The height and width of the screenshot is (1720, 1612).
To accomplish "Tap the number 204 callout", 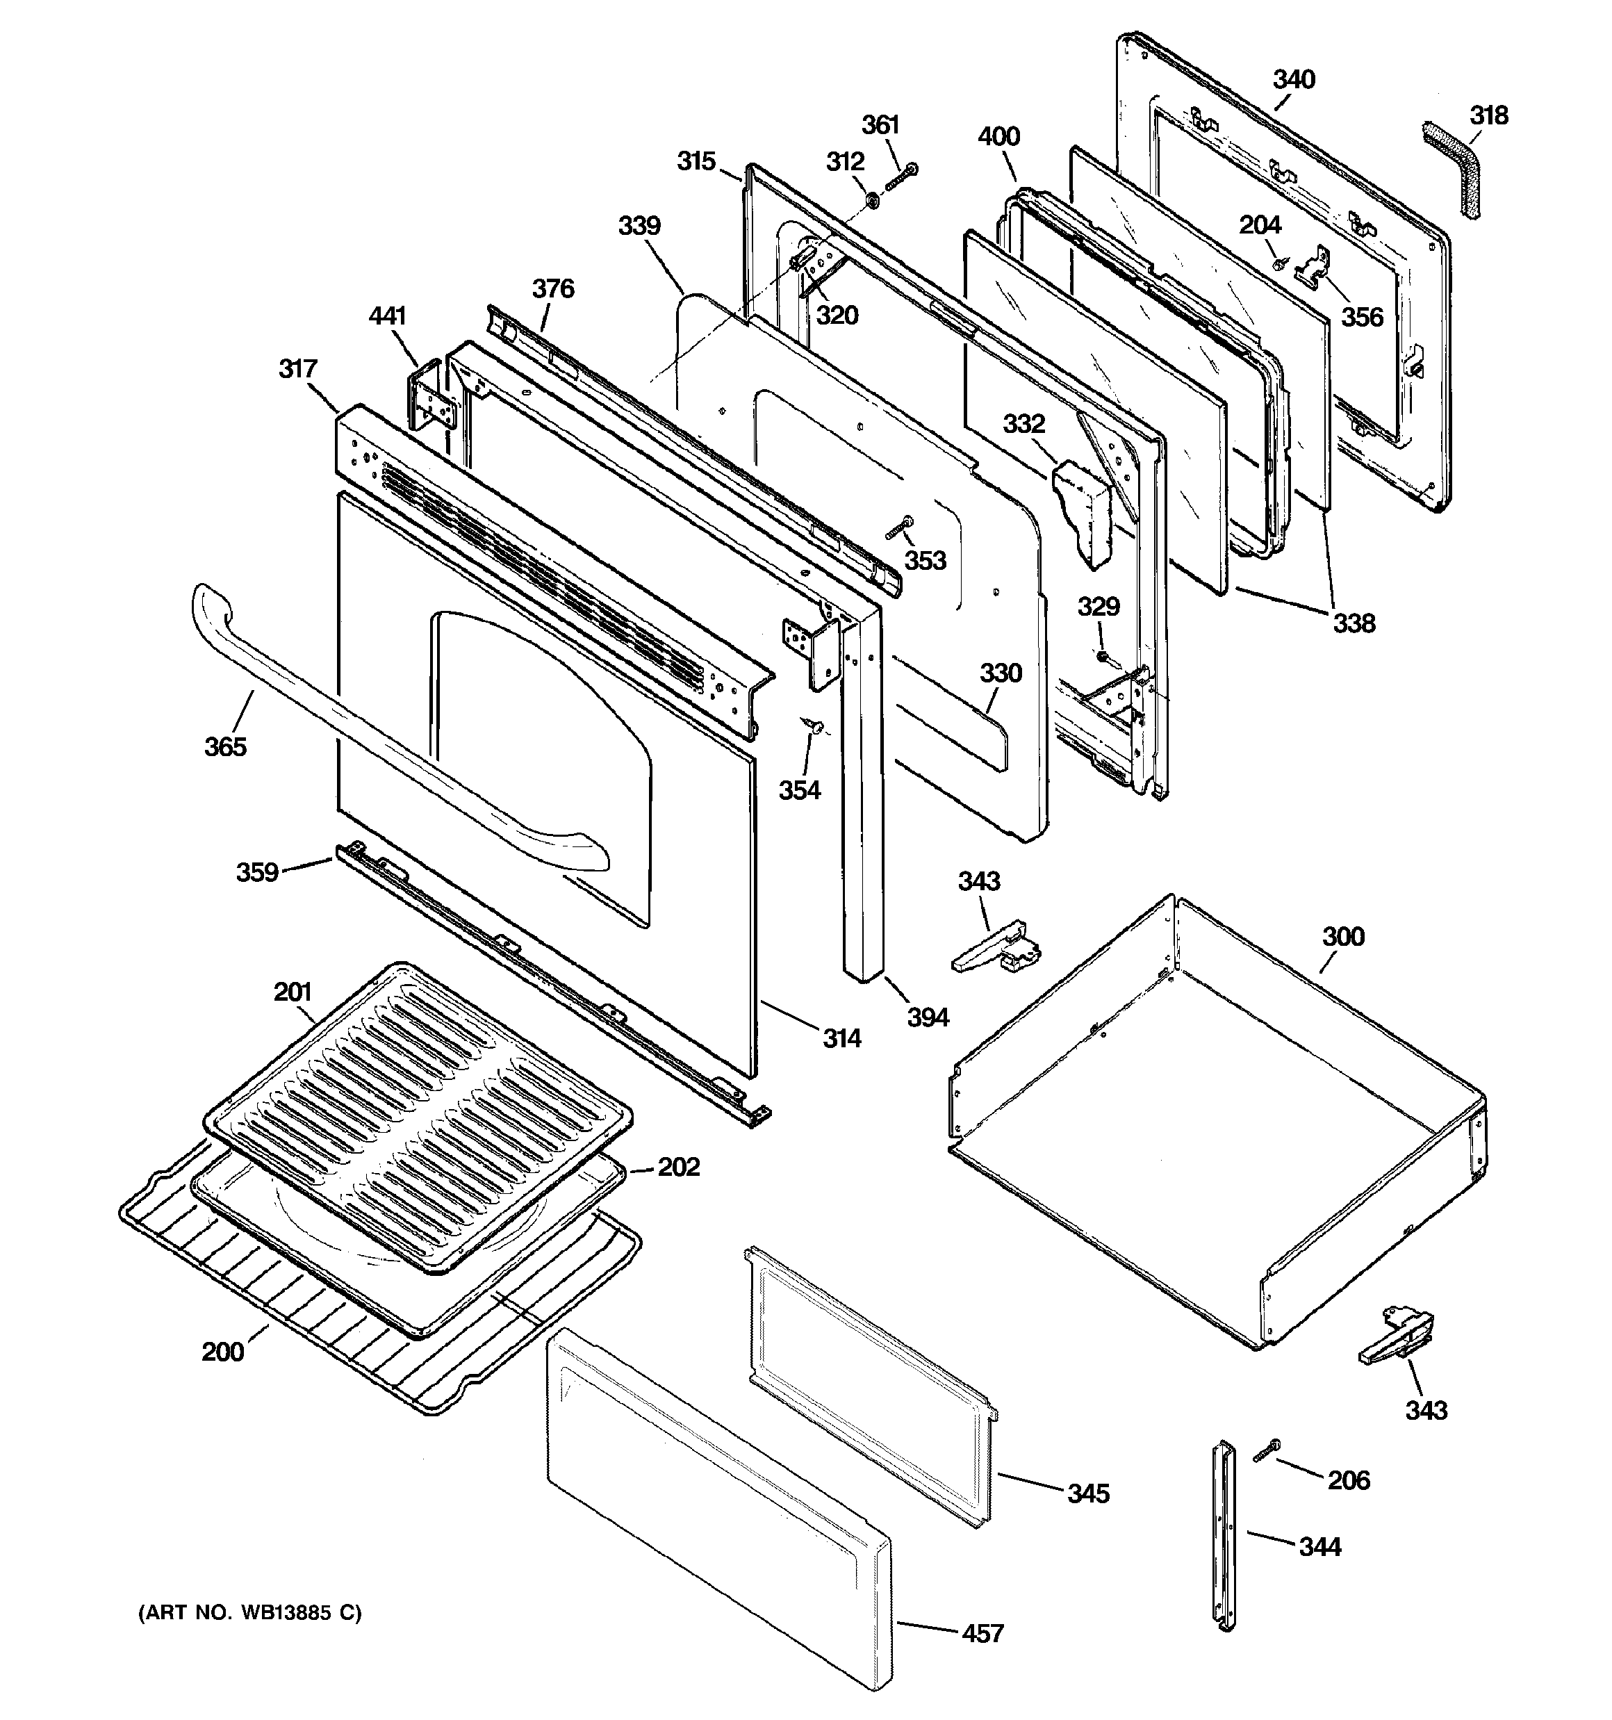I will (1260, 225).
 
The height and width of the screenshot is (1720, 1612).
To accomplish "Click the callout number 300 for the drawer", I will (1343, 937).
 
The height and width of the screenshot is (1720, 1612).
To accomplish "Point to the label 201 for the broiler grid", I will (293, 992).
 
